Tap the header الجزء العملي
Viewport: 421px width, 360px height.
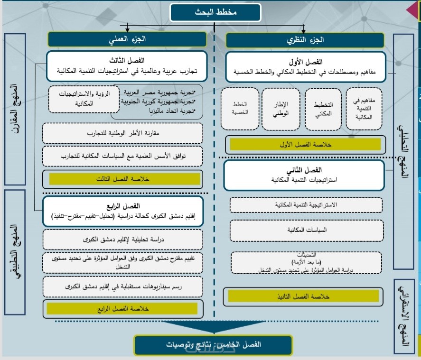(127, 40)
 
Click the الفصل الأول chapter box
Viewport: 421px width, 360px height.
(311, 66)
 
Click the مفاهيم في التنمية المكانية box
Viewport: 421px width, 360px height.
(364, 109)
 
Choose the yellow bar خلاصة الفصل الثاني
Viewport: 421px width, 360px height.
(304, 296)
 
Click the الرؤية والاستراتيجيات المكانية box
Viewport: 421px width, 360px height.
(77, 99)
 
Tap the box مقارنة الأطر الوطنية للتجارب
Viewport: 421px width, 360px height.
(122, 133)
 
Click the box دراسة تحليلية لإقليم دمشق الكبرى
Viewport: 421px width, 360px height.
(122, 240)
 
